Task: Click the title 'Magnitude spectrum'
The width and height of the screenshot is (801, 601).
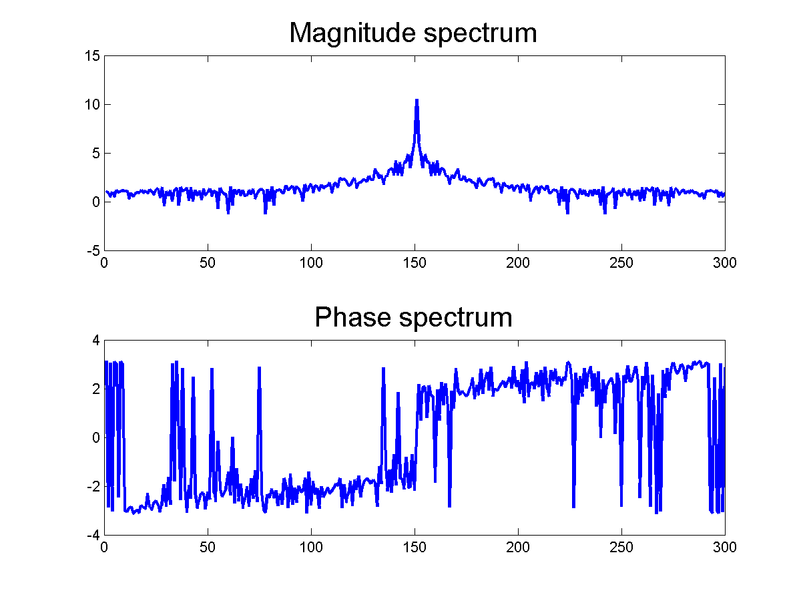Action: point(413,33)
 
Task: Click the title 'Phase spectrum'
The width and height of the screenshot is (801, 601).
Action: point(413,317)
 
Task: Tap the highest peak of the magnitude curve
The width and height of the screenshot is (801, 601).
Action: point(417,100)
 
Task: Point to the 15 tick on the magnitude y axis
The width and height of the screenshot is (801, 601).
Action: point(93,56)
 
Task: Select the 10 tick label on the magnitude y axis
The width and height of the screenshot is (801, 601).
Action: point(93,105)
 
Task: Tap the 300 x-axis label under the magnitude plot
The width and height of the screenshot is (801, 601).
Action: point(724,263)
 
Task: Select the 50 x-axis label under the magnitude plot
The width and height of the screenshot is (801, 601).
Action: point(208,263)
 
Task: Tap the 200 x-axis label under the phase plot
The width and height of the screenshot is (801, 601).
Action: point(518,548)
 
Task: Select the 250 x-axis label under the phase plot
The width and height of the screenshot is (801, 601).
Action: point(621,548)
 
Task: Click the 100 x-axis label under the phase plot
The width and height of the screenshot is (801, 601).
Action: point(311,548)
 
